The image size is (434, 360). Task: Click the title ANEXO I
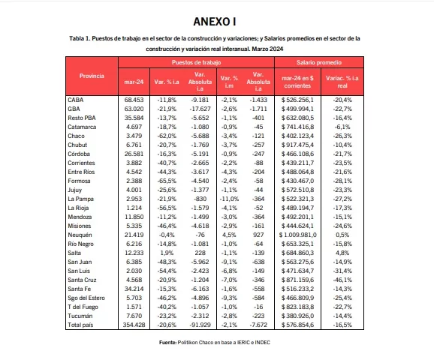pyautogui.click(x=217, y=20)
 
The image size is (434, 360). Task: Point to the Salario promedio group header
pyautogui.click(x=318, y=64)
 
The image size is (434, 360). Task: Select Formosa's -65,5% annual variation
pyautogui.click(x=165, y=181)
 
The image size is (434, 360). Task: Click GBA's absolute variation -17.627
pyautogui.click(x=200, y=108)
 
